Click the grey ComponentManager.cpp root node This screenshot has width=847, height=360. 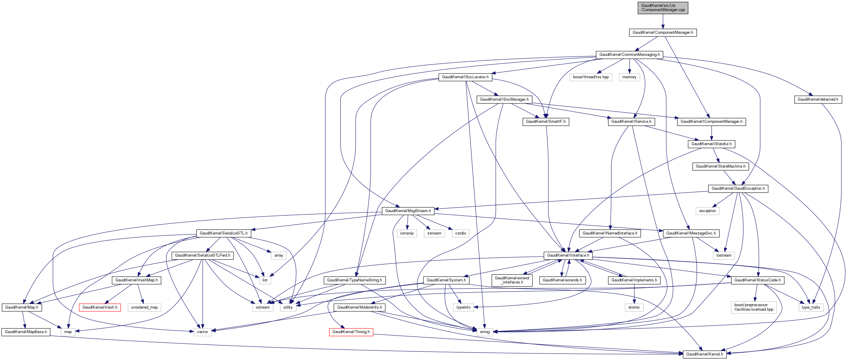click(x=662, y=7)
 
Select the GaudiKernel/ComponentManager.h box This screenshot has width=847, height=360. click(x=662, y=33)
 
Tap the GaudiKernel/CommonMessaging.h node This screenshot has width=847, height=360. click(x=629, y=55)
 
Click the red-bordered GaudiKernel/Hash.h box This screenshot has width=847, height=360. click(x=100, y=307)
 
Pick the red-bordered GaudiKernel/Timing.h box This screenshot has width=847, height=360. click(x=351, y=332)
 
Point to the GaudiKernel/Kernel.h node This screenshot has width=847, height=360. click(x=704, y=354)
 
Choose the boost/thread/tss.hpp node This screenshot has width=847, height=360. click(x=590, y=77)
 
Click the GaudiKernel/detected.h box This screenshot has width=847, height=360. click(x=818, y=99)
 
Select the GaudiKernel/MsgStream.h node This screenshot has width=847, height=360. click(x=408, y=211)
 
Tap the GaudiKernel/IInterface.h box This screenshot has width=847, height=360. click(x=568, y=255)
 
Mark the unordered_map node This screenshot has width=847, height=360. click(x=144, y=307)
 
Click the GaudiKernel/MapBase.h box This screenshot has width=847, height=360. click(x=26, y=332)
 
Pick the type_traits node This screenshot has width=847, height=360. click(x=811, y=307)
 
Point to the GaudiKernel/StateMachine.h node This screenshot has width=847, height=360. click(x=720, y=166)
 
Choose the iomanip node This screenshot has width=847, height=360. click(x=407, y=233)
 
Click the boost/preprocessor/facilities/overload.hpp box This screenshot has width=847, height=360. click(x=754, y=307)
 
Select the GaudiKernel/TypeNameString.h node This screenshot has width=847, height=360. click(x=355, y=281)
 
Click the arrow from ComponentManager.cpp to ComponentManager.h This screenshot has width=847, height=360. click(x=662, y=22)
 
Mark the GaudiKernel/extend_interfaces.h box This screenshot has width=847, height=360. click(x=512, y=280)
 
